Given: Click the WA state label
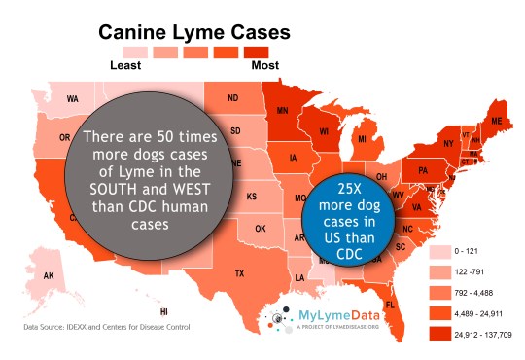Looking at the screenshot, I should click(x=72, y=99).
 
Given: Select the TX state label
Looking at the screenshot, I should click(x=239, y=274).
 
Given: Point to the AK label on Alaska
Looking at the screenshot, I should click(x=48, y=276).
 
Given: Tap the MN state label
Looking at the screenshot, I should click(x=281, y=110).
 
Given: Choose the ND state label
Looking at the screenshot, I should click(x=233, y=98).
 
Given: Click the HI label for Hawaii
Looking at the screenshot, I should click(x=163, y=311).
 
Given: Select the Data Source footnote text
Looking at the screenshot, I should click(x=107, y=327).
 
